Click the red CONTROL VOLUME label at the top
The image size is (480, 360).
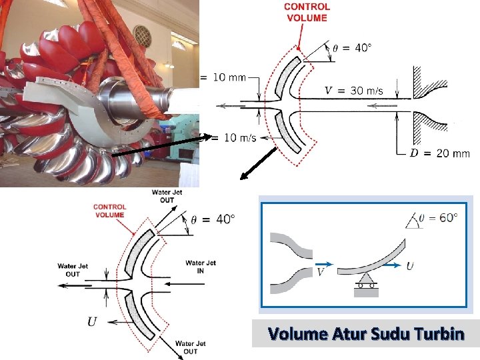point(307,12)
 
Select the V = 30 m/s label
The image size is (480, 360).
point(353,91)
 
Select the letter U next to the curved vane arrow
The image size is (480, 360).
point(409,266)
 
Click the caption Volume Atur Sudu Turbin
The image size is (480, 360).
point(365,333)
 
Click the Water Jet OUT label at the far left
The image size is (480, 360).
point(73,270)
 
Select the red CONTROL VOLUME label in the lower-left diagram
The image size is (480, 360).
point(109,211)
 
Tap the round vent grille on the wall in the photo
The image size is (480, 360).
point(142,35)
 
